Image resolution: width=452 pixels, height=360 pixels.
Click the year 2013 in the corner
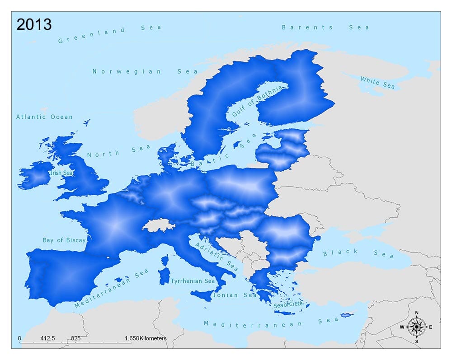click(34, 24)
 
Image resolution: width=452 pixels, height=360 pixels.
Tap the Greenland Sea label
click(110, 34)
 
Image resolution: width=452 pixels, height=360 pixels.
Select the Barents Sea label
click(325, 28)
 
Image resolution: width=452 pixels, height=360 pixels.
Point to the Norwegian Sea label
click(145, 71)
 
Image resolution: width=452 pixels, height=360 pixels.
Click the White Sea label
click(377, 83)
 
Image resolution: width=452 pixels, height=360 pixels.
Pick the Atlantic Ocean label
click(44, 117)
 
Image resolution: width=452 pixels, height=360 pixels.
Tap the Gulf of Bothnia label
click(257, 101)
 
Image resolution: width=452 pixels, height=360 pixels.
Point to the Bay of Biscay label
click(64, 240)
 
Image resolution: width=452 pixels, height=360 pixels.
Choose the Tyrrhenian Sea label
click(193, 281)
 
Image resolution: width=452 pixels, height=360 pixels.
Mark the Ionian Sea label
click(238, 295)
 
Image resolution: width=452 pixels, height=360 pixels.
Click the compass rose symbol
click(416, 327)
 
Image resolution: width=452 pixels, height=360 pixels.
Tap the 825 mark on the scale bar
click(75, 338)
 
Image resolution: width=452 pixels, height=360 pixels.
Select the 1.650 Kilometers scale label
click(146, 338)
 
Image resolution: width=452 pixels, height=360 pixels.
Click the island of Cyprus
click(346, 315)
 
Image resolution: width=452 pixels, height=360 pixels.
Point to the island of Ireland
click(35, 176)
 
